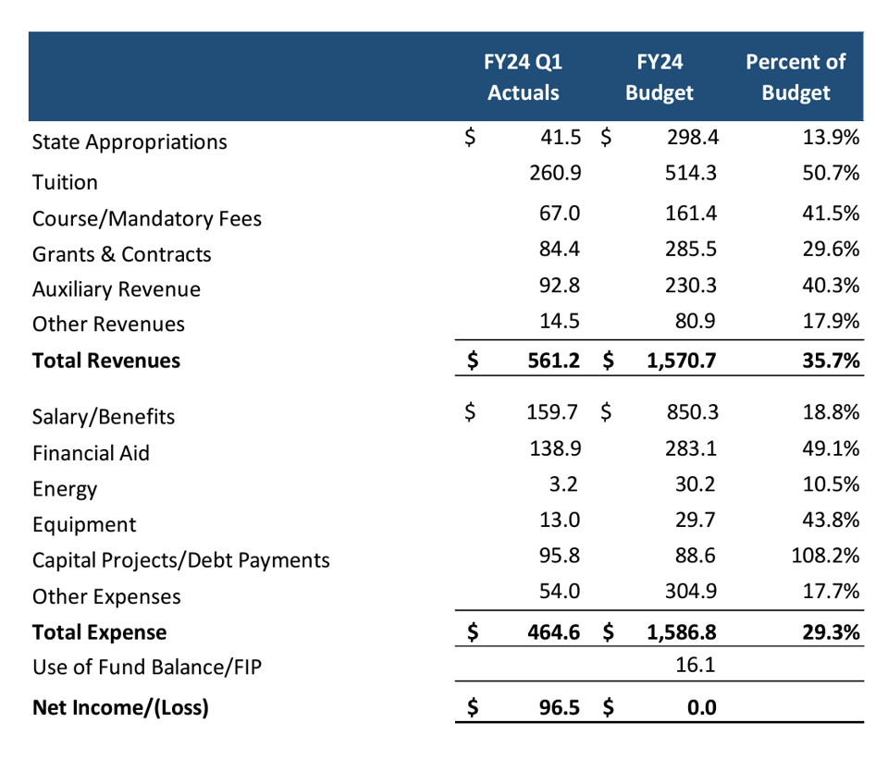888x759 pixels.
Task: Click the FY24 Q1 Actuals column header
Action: point(524,78)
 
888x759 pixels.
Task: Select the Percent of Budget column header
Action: point(795,78)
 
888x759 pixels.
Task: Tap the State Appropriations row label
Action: point(129,142)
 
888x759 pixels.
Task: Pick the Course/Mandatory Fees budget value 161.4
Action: point(691,214)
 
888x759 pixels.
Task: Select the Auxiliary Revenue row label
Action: point(117,289)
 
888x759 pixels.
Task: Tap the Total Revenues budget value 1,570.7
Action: point(678,360)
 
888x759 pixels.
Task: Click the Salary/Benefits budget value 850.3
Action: point(691,411)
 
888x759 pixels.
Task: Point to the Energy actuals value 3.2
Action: point(566,484)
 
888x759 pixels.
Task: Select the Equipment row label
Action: point(84,525)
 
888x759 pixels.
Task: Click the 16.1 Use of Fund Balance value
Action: point(697,665)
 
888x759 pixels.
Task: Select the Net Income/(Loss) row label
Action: point(120,708)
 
